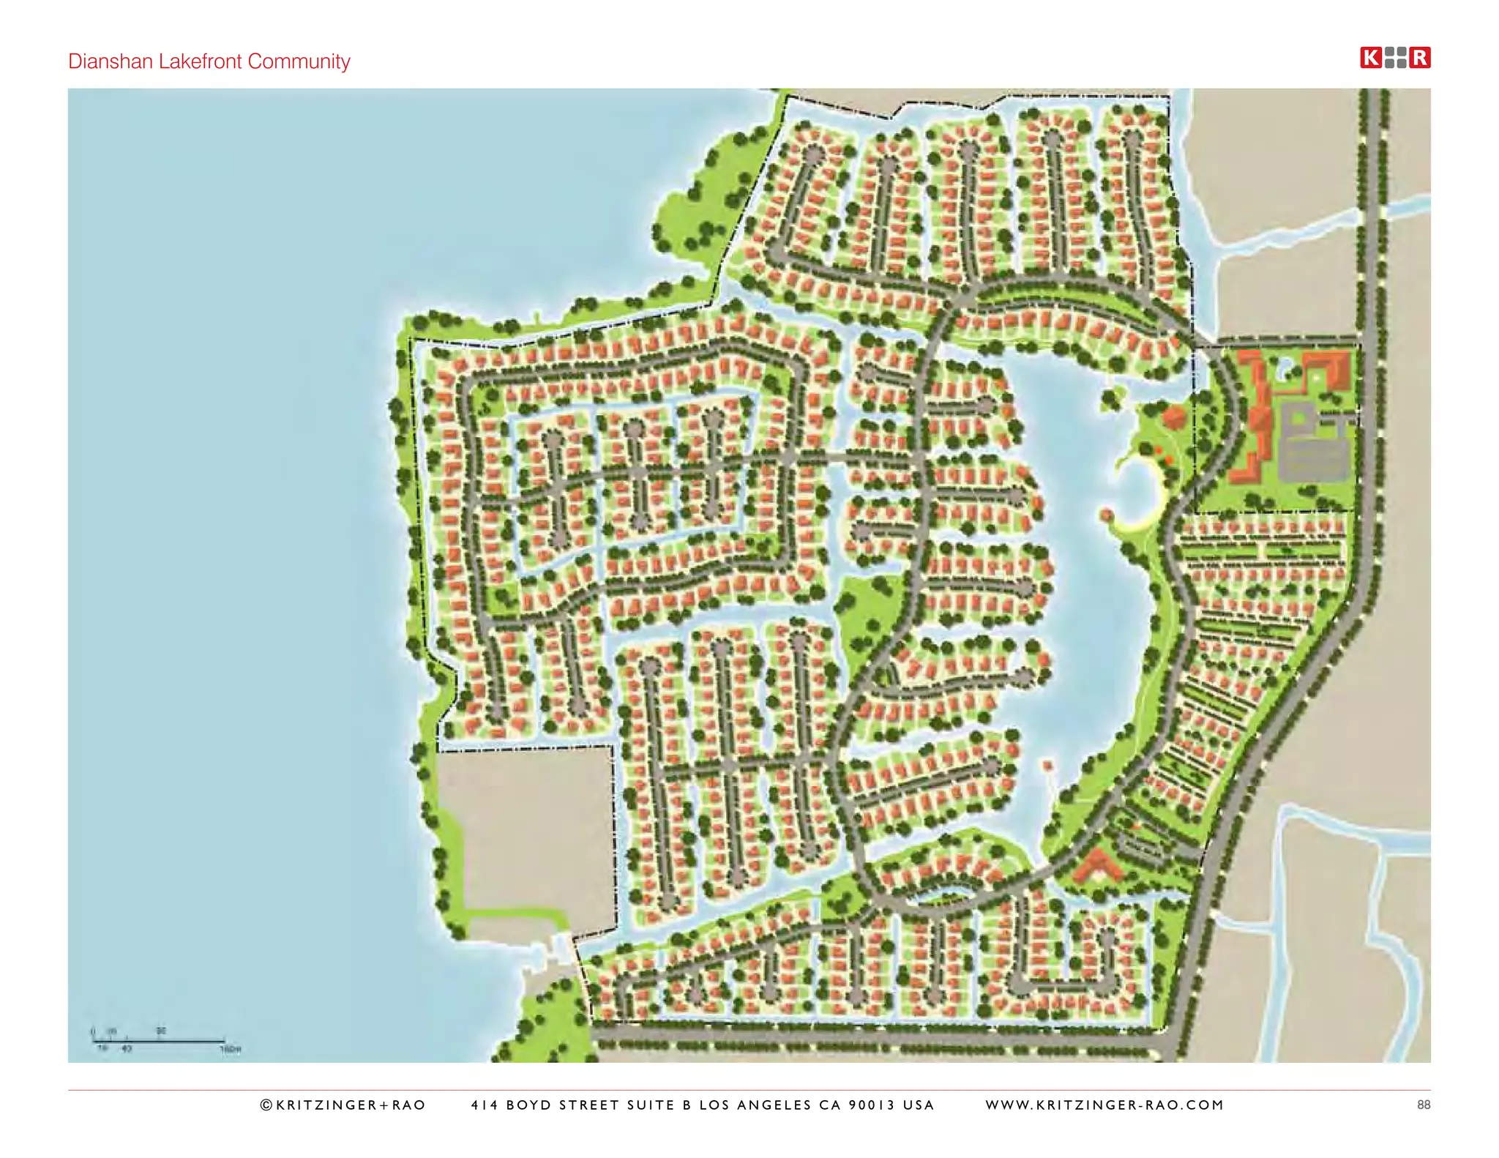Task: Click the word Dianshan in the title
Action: [x=111, y=61]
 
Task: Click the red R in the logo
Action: [x=1420, y=58]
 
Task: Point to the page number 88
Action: [x=1423, y=1105]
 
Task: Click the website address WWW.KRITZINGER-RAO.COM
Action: [x=1104, y=1105]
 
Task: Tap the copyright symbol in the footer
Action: [x=266, y=1105]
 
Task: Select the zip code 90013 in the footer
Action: [x=871, y=1105]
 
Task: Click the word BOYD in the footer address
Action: [x=529, y=1105]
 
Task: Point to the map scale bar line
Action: [x=158, y=1040]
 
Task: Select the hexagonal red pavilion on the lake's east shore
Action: [x=1173, y=417]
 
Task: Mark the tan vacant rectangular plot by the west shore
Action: [x=526, y=834]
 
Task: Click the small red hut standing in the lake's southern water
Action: [x=1048, y=766]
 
